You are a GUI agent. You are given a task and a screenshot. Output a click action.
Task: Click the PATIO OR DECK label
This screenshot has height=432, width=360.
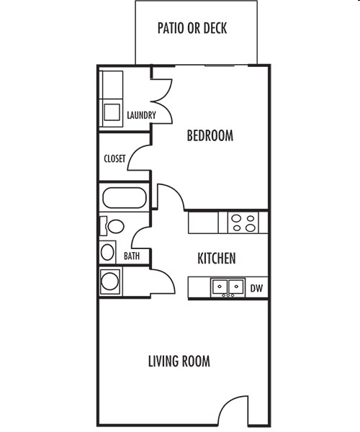click(x=192, y=30)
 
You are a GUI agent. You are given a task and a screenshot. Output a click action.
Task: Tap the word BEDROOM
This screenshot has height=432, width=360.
click(x=210, y=135)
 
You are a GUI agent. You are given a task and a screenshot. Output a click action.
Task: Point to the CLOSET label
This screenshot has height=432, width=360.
click(x=114, y=158)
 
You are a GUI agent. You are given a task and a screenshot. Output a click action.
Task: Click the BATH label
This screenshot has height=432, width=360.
click(x=131, y=256)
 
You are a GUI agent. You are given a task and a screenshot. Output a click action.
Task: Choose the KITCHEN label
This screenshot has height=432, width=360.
click(x=217, y=258)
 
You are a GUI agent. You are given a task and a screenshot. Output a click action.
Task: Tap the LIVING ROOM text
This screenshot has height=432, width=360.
click(x=179, y=361)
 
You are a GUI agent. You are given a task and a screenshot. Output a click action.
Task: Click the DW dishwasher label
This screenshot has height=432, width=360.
click(x=256, y=288)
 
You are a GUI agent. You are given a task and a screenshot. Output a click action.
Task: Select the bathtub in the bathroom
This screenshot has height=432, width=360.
click(x=125, y=198)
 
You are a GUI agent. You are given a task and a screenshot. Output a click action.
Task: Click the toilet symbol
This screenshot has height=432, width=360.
click(x=112, y=226)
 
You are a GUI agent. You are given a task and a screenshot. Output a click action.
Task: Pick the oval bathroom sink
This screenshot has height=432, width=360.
click(x=108, y=252)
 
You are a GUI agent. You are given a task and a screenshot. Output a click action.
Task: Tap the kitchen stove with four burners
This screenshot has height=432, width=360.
click(x=243, y=222)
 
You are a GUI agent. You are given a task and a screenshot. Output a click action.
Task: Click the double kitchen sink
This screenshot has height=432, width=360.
click(x=227, y=287)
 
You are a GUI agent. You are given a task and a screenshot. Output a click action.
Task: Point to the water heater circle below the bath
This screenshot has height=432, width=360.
click(x=110, y=281)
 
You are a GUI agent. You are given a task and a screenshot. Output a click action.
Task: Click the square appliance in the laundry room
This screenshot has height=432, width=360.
click(x=112, y=112)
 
